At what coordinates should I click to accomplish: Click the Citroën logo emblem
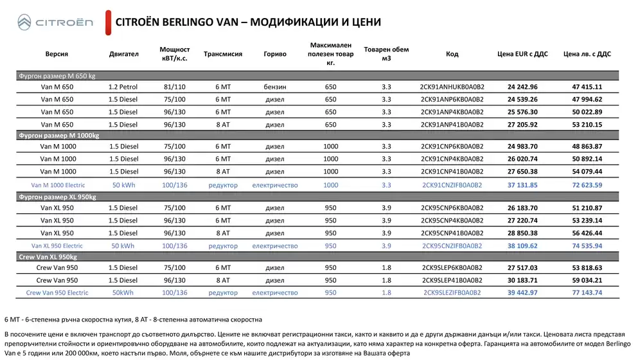pos(22,23)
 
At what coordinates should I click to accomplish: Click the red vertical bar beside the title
pos(107,22)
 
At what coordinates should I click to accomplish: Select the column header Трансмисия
pos(223,54)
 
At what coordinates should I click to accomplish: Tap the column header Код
pos(452,54)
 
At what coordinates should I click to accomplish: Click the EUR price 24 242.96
pos(522,87)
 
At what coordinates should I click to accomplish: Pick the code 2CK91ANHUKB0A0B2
pos(452,87)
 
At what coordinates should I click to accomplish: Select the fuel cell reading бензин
pos(275,87)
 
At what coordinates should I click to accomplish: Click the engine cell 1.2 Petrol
pos(123,87)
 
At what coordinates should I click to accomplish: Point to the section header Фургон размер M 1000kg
pos(58,136)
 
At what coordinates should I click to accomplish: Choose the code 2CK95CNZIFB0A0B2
pos(452,246)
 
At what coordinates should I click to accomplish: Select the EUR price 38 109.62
pos(522,246)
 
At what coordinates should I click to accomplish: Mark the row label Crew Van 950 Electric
pos(57,293)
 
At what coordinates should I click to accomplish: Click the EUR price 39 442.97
pos(522,293)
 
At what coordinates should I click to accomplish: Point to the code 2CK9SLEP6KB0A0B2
pos(452,267)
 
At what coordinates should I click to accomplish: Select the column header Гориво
pos(275,54)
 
